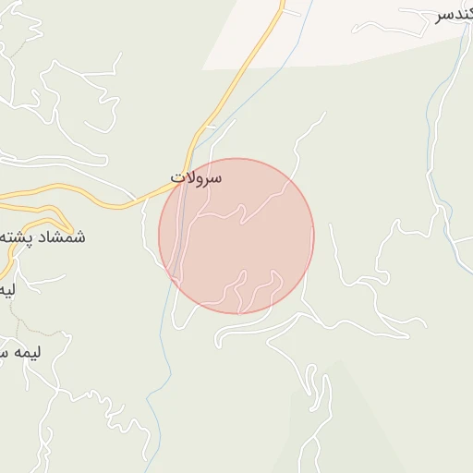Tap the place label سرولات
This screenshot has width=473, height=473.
point(197,176)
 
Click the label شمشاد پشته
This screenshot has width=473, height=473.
point(42,237)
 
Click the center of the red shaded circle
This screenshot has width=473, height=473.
point(236,236)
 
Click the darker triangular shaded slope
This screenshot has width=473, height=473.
point(342,425)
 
